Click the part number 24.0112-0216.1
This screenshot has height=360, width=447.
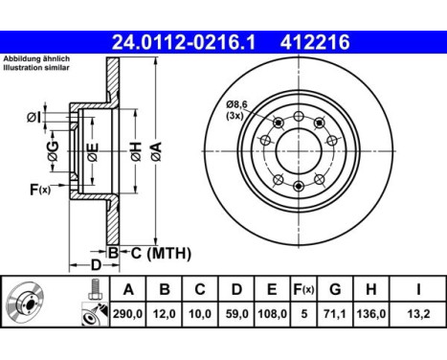184,42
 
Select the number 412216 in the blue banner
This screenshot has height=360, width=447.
315,42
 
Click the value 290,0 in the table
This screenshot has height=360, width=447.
127,314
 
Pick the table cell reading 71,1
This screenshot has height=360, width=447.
335,314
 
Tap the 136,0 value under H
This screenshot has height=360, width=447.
371,314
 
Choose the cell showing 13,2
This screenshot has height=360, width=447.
418,314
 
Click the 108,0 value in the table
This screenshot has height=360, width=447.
272,314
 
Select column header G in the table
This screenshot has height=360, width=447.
335,289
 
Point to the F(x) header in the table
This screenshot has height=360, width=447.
303,289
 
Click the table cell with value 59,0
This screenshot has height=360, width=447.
236,314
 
